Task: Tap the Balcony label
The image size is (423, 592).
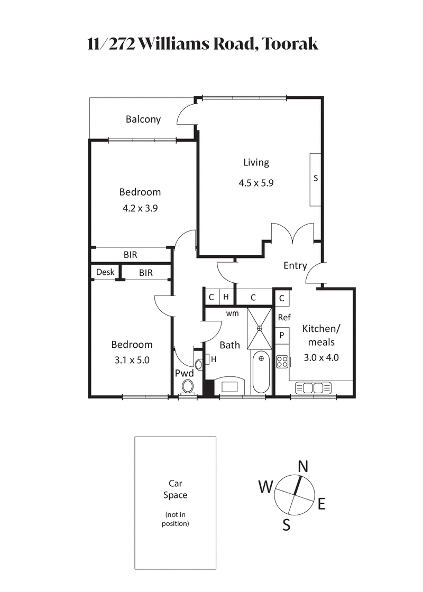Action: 143,119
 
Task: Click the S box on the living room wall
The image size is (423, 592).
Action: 316,179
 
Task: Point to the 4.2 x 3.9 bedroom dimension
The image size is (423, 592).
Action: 140,208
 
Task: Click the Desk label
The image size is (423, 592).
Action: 105,273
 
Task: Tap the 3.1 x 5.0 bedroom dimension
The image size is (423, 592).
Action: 131,360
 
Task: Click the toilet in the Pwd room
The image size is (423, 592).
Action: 188,385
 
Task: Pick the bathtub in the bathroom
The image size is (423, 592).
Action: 260,373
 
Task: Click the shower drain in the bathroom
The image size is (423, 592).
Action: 260,328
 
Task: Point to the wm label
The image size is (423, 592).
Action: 232,313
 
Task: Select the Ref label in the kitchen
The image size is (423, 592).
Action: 284,318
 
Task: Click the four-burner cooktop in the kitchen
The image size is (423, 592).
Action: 282,362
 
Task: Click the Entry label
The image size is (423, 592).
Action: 295,265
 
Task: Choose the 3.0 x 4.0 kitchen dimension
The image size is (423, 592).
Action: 322,357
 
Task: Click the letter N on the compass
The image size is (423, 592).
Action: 303,466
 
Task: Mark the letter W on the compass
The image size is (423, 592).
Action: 265,486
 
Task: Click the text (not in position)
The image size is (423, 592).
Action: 175,519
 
